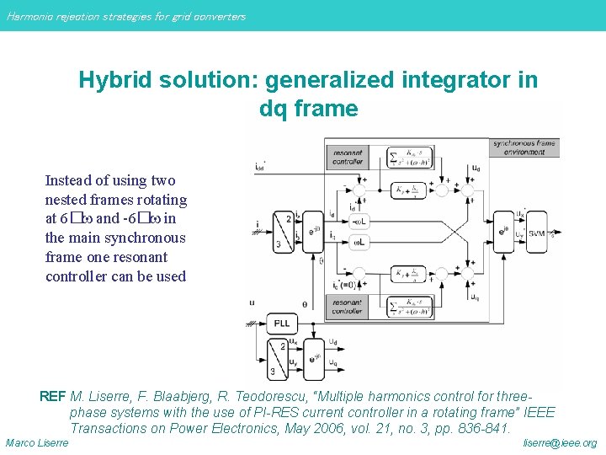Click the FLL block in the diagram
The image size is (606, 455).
280,324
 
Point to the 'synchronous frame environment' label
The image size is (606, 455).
524,147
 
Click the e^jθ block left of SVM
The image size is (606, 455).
503,230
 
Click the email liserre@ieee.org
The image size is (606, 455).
560,443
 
